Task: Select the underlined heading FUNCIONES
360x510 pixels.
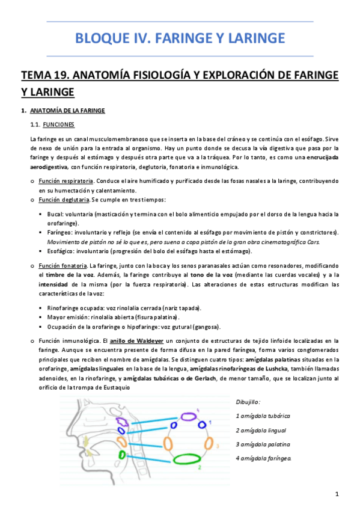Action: [59, 124]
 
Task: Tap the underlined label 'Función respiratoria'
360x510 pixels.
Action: [66, 181]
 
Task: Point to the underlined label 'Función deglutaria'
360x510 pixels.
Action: [64, 199]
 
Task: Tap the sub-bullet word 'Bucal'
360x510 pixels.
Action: [55, 214]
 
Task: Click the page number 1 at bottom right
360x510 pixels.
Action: [338, 494]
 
